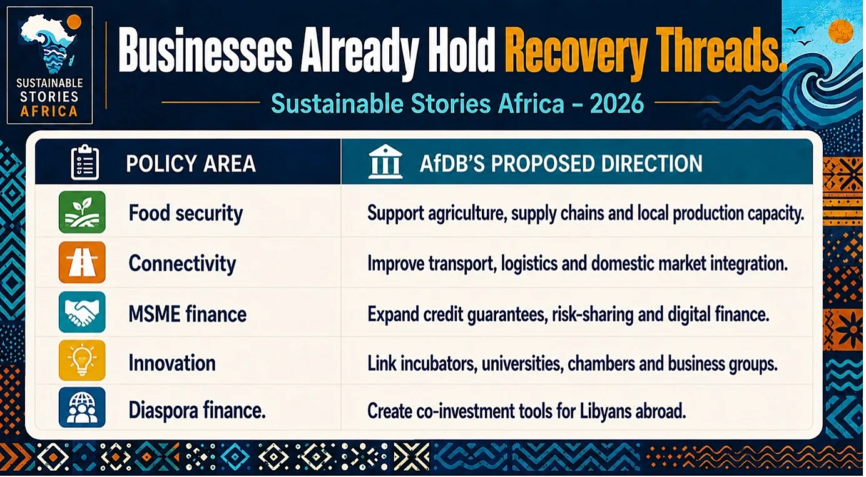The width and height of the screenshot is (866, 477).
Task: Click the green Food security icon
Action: (x=82, y=212)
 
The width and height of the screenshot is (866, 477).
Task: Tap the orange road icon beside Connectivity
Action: (x=82, y=262)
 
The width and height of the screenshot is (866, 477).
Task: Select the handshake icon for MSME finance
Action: (x=82, y=312)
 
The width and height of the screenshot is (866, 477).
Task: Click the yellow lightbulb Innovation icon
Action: (x=82, y=360)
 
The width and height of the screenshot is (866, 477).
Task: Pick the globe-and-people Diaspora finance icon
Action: (x=82, y=408)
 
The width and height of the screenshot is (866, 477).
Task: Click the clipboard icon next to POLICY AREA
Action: (x=85, y=162)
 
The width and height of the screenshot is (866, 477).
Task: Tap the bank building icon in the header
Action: (x=385, y=161)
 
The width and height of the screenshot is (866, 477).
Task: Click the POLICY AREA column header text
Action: (x=191, y=163)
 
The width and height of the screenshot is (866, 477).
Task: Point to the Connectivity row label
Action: (x=182, y=264)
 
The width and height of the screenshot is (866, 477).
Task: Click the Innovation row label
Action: (x=172, y=363)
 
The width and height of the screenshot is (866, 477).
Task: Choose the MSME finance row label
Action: (x=188, y=314)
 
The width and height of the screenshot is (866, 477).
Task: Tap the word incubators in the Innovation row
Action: (x=438, y=364)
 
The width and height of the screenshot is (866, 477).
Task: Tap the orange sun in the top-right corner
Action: (x=841, y=31)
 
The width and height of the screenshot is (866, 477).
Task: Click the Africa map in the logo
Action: (x=49, y=43)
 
